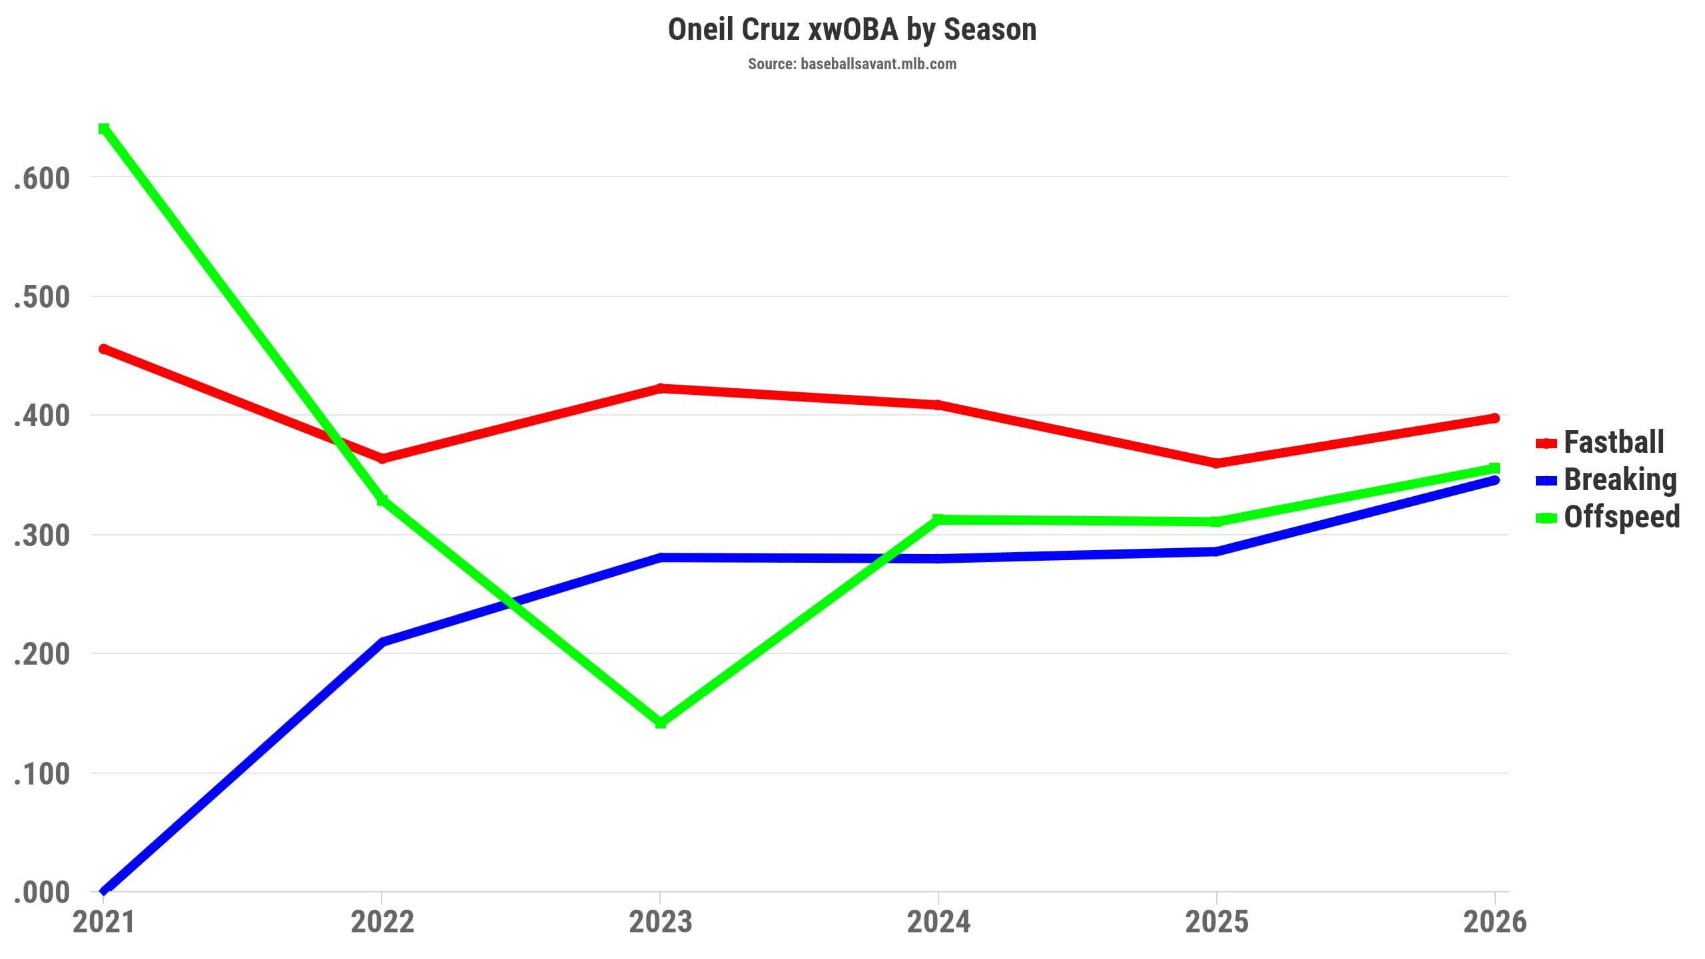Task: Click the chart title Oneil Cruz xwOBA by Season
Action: coord(852,30)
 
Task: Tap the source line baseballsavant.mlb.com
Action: coord(852,65)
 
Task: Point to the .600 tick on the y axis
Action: coord(41,178)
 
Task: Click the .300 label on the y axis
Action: coord(41,536)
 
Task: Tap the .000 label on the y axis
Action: coord(41,893)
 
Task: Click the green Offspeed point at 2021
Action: coord(104,128)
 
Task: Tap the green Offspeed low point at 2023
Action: coord(661,723)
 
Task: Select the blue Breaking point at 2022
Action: coord(382,643)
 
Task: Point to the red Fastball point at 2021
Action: coord(104,349)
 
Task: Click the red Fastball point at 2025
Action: coord(1216,464)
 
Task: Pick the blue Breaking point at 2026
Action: coord(1495,480)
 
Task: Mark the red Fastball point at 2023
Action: coord(661,388)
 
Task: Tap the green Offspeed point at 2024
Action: coord(938,519)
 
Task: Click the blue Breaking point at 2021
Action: coord(104,891)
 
